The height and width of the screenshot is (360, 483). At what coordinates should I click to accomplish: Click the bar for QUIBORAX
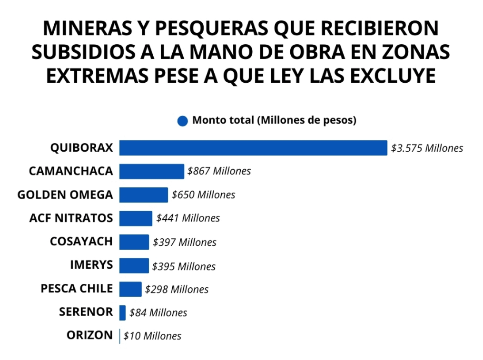click(253, 148)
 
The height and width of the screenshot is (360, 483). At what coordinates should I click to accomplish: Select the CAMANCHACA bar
click(151, 171)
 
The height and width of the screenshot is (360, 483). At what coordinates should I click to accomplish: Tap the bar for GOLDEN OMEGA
click(143, 195)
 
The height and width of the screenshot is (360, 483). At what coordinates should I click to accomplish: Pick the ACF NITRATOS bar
click(136, 218)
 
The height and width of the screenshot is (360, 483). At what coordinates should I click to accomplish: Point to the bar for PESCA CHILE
click(130, 289)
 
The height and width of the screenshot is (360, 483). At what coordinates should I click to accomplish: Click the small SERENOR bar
click(122, 312)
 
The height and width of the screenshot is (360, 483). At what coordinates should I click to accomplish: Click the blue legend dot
click(182, 121)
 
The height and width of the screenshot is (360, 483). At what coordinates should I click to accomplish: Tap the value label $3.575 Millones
click(427, 148)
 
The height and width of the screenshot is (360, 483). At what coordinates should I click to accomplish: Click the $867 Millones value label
click(219, 171)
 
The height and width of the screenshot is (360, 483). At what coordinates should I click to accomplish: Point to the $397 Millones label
click(185, 243)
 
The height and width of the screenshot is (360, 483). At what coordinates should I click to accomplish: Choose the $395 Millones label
click(184, 266)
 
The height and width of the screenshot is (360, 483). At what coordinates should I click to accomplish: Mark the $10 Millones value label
click(152, 336)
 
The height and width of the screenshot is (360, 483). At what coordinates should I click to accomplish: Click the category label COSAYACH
click(81, 242)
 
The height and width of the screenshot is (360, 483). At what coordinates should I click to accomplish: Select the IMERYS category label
click(91, 265)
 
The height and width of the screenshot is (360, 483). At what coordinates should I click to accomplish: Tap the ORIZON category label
click(90, 335)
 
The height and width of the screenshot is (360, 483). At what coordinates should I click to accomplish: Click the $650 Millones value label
click(203, 195)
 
